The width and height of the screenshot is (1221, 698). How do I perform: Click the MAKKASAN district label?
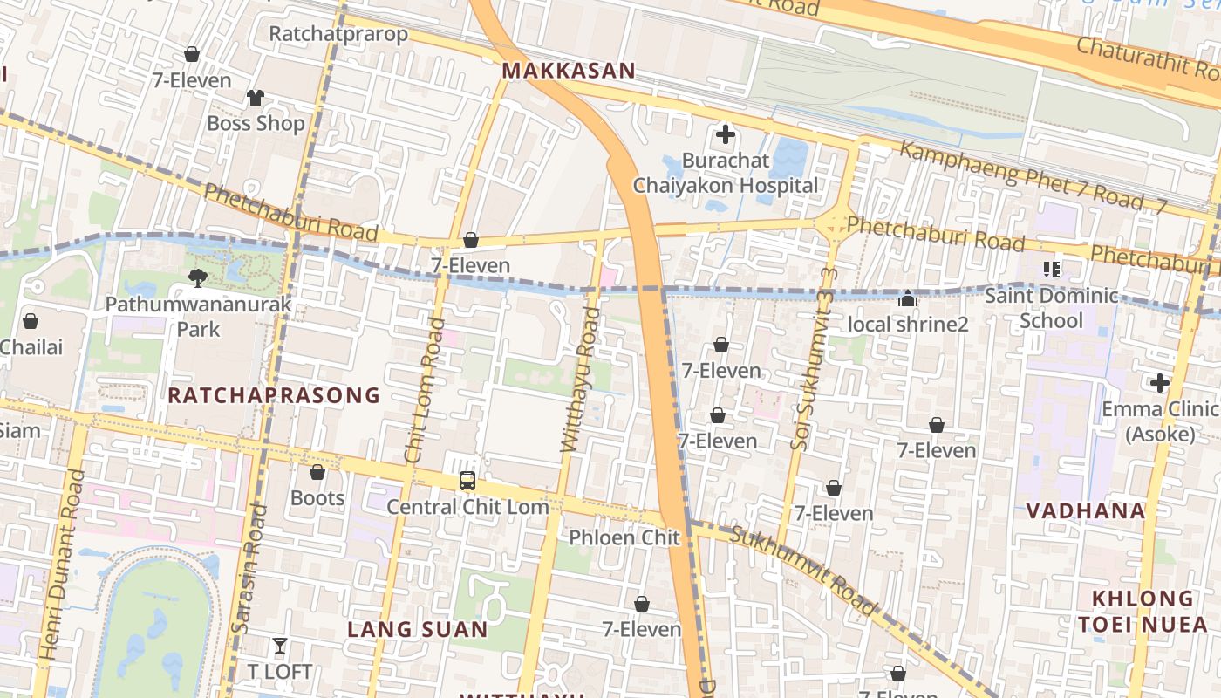pos(569,71)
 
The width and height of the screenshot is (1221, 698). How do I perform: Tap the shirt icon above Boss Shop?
pos(255,97)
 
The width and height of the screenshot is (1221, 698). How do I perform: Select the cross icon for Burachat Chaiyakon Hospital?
pos(725,134)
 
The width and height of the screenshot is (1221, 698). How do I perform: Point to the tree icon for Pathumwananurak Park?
pos(198,278)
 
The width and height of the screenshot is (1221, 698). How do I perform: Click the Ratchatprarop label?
pos(338,34)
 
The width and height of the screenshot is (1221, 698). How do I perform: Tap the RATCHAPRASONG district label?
pos(274,395)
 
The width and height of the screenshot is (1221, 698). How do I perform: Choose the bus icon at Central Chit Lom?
pos(467,481)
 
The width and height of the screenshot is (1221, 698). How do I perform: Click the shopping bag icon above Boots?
pos(317,472)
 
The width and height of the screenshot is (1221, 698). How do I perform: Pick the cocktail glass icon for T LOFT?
pos(279,646)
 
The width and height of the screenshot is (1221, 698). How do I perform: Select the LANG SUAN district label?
pos(418,629)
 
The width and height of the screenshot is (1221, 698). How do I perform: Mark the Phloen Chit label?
pos(624,537)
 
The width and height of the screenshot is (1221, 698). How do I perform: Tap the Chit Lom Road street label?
pos(426,390)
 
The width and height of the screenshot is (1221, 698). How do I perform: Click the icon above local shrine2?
pos(908,299)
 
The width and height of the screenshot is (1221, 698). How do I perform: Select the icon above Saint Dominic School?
pos(1051,270)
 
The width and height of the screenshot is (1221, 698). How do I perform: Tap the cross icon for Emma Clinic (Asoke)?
pos(1159,383)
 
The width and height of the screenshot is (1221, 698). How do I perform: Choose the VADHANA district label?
pos(1085,510)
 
